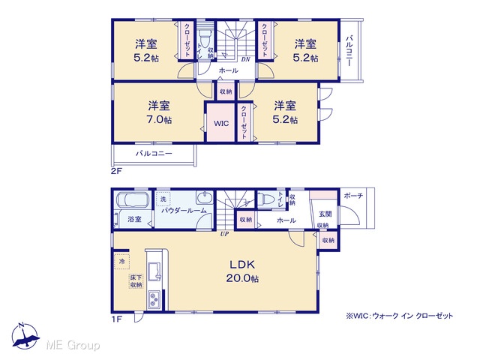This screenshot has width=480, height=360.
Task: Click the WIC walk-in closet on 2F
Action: (x=221, y=123)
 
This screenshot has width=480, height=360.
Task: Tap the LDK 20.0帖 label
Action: (x=242, y=271)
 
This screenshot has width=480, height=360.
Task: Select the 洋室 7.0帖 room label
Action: (x=159, y=112)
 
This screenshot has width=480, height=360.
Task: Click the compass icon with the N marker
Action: (x=25, y=335)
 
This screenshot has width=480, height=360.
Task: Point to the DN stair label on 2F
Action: (x=245, y=59)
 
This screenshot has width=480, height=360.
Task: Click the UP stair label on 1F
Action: (x=225, y=234)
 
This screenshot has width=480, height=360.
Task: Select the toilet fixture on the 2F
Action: (x=204, y=37)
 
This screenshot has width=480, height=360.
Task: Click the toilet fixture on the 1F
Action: (x=265, y=199)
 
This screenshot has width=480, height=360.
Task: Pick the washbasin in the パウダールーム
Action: (x=205, y=198)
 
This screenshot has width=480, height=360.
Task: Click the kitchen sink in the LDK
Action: (x=154, y=271)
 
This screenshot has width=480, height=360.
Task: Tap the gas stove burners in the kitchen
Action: (x=154, y=300)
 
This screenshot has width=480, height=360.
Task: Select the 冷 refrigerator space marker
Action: (x=122, y=262)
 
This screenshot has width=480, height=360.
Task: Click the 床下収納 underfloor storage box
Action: (x=136, y=281)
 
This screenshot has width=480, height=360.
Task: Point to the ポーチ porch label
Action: (x=353, y=195)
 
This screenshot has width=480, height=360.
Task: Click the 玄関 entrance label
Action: (x=325, y=214)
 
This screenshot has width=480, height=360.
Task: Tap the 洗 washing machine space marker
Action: (x=163, y=199)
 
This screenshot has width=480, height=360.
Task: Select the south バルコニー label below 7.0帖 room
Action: (x=154, y=153)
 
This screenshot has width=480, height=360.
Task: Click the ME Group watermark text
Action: (x=73, y=345)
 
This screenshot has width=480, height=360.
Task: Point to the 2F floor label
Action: (x=116, y=171)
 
